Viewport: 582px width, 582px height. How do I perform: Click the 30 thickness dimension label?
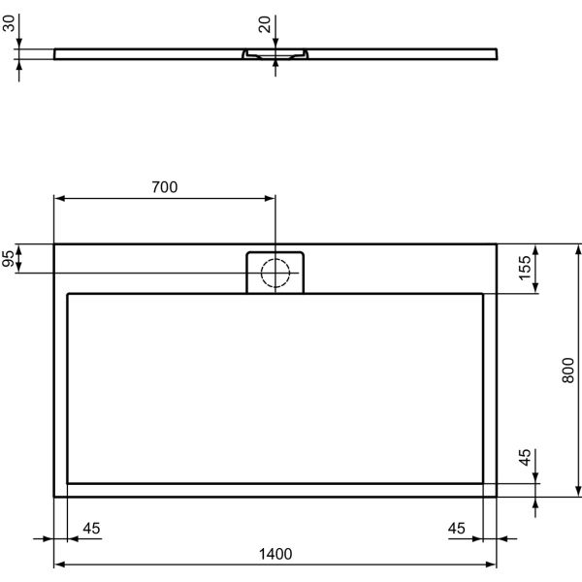point(11,22)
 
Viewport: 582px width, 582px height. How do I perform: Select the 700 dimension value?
point(165,187)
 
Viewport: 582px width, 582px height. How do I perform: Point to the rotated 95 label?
point(11,259)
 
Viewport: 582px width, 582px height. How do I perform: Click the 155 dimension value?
point(525,269)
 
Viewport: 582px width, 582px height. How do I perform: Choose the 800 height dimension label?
point(569,370)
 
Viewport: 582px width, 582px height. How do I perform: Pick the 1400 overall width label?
point(275,554)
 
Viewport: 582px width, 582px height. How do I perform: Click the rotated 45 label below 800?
point(525,458)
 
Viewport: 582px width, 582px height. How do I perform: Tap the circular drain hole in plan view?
point(276,274)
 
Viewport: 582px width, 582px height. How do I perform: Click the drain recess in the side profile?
point(276,55)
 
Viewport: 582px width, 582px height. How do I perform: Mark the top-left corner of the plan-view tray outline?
point(54,244)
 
